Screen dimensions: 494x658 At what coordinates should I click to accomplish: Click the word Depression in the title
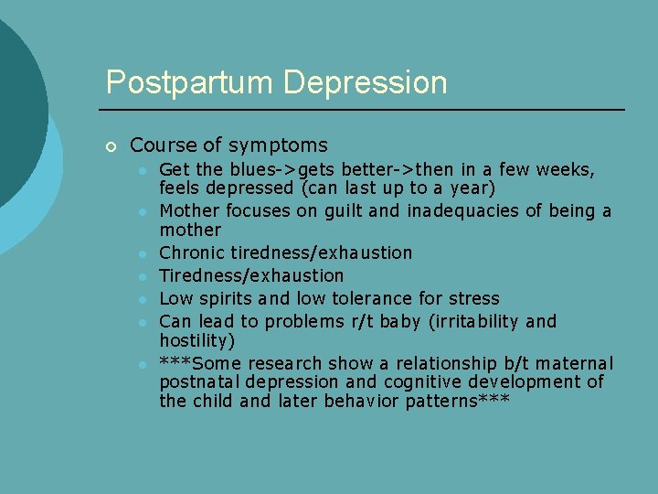pyautogui.click(x=366, y=82)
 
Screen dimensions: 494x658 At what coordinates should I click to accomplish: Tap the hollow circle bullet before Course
pyautogui.click(x=111, y=146)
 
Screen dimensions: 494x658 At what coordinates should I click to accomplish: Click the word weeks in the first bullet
pyautogui.click(x=565, y=169)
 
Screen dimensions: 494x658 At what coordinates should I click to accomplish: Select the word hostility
pyautogui.click(x=194, y=340)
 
